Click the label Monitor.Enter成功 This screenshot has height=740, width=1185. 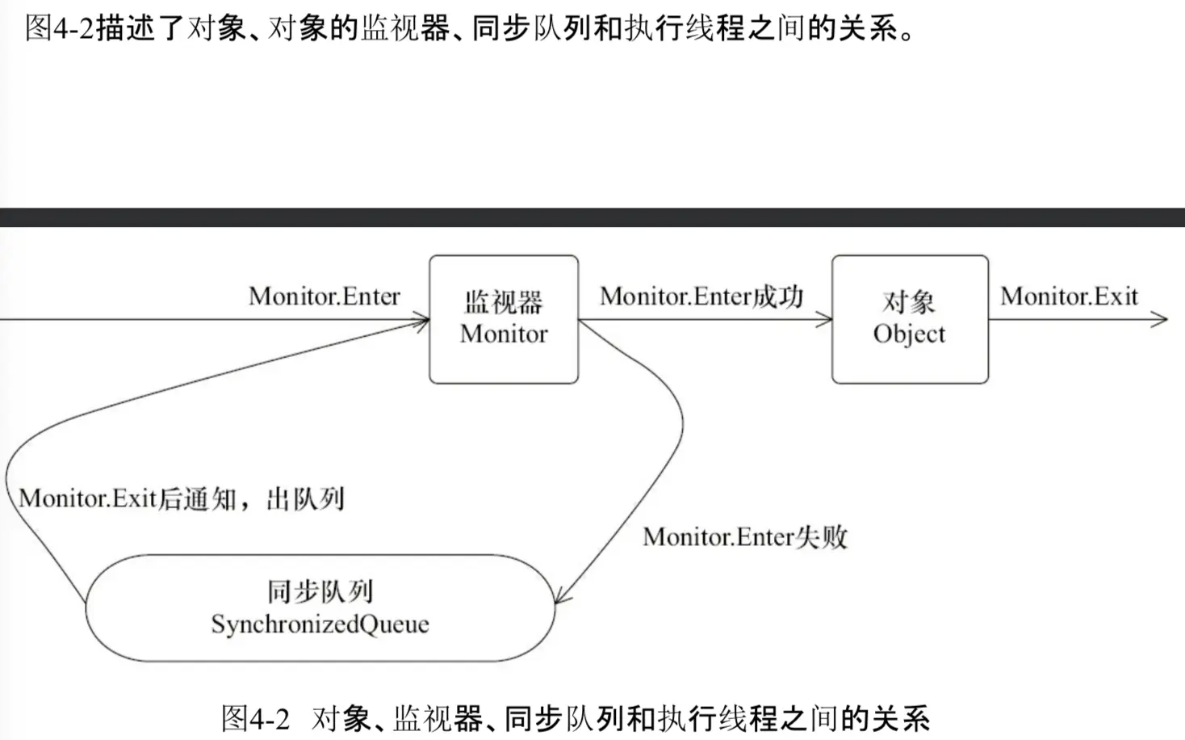click(701, 296)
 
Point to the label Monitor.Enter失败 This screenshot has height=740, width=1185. click(745, 537)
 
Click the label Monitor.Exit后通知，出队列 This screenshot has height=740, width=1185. click(182, 498)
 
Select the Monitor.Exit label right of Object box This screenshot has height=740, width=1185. click(1069, 296)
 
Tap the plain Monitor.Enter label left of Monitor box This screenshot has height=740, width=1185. click(325, 296)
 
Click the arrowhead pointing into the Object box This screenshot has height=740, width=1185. click(825, 320)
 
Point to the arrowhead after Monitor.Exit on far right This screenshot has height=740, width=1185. click(1161, 320)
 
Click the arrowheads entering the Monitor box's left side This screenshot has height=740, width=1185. click(422, 322)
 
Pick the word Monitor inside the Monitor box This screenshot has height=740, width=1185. click(504, 334)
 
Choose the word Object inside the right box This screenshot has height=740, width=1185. click(909, 334)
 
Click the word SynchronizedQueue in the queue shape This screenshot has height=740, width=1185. click(320, 624)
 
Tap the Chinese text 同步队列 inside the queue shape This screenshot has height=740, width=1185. click(320, 592)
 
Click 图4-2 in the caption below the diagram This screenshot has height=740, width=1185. click(255, 718)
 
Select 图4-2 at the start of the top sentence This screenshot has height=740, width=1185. click(60, 28)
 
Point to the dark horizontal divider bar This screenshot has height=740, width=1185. click(592, 217)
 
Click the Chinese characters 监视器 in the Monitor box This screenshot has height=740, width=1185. click(504, 303)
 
